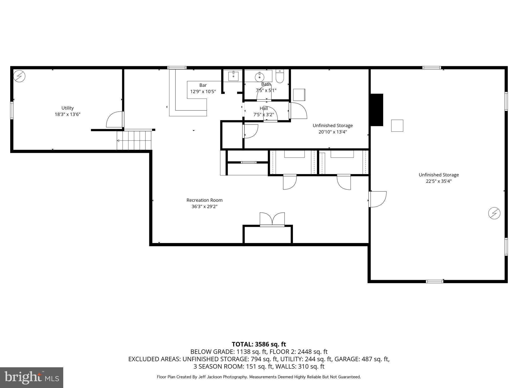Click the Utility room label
click(68, 108)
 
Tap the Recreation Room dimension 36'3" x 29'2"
click(204, 206)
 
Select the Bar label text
click(203, 85)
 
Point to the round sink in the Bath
click(260, 76)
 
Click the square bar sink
click(233, 76)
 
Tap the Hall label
click(264, 108)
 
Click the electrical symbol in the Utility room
click(19, 76)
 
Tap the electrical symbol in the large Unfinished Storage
click(494, 213)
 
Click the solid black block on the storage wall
click(377, 110)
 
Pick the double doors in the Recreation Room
click(272, 219)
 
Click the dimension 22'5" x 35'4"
click(439, 181)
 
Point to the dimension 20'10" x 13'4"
click(333, 132)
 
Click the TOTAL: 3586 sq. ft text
click(259, 344)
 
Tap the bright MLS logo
click(32, 377)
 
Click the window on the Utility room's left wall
click(12, 110)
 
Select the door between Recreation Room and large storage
click(377, 199)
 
